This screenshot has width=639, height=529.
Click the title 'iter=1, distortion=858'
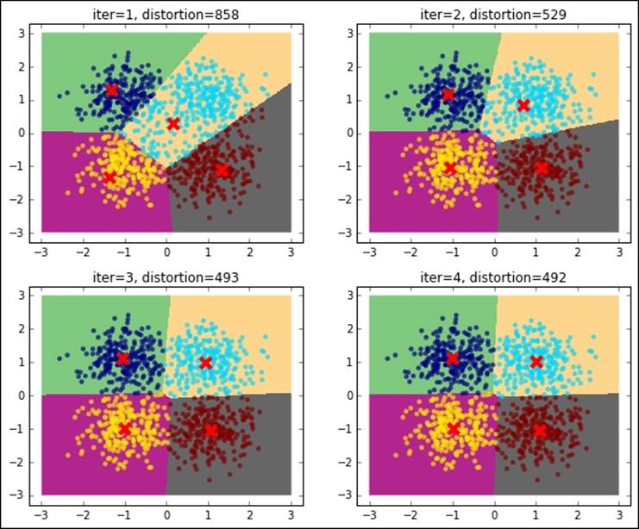pos(166,14)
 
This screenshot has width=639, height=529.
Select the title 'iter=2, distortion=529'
pos(494,14)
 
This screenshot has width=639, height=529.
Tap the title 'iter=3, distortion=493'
pos(166,277)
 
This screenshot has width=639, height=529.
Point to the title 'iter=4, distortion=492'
pos(494,277)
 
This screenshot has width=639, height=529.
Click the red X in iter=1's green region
pos(112,90)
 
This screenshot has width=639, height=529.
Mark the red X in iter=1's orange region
pos(173,123)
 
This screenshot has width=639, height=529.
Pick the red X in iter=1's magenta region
pos(110,177)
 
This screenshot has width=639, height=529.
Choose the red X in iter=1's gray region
pos(222,170)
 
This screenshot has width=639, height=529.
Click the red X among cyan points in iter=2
pos(523,105)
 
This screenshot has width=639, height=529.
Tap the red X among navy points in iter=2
pos(448,94)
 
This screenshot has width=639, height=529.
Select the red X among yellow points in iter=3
pos(125,428)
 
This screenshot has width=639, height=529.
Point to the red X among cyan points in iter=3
pos(206,362)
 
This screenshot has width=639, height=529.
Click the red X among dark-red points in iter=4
pos(540,429)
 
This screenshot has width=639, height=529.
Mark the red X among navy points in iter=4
pos(453,358)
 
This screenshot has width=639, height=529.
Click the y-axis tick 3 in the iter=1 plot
pos(27,33)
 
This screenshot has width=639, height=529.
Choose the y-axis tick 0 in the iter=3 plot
pos(27,395)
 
